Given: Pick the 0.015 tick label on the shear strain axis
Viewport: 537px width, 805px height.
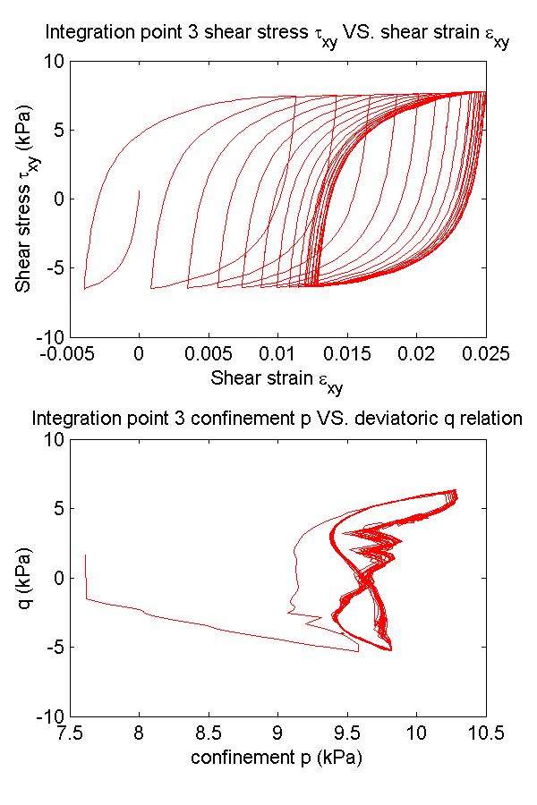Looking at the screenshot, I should tap(346, 354).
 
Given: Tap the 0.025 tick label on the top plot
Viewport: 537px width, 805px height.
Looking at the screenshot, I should tap(485, 354).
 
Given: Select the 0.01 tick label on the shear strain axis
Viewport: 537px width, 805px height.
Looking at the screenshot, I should tap(277, 354).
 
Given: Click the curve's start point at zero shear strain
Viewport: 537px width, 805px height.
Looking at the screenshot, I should tap(139, 190).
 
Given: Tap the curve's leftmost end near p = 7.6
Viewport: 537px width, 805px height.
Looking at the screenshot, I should tap(86, 555).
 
